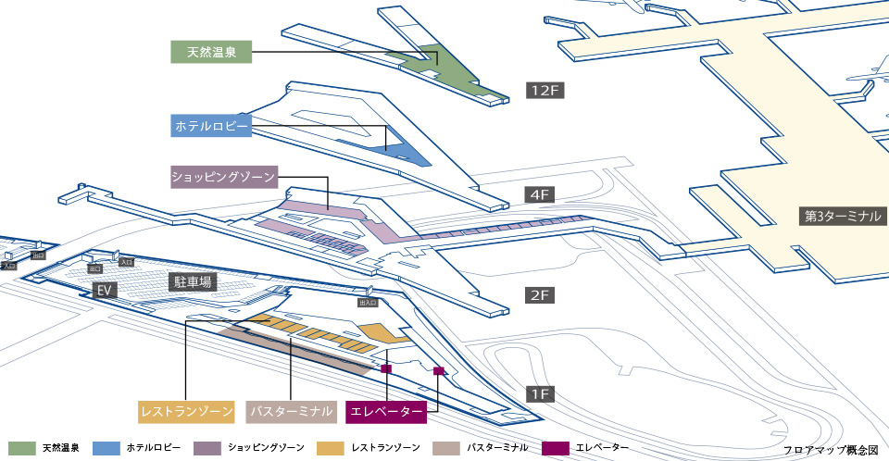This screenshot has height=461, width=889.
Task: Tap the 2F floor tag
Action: click(540, 296)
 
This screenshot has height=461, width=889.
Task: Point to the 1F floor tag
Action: click(540, 394)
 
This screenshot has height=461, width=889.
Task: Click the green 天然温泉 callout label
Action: click(212, 52)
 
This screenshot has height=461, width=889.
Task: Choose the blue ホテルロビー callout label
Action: click(212, 125)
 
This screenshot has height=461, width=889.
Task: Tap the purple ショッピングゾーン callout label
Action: click(222, 176)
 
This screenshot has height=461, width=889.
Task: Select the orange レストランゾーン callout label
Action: click(189, 410)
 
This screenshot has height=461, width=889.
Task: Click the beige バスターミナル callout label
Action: click(293, 410)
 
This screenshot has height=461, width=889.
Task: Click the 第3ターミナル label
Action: click(843, 217)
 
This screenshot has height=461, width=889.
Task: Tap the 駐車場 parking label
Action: click(191, 281)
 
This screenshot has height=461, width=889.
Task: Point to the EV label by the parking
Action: click(106, 290)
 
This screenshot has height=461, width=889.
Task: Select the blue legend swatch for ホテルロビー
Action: click(106, 448)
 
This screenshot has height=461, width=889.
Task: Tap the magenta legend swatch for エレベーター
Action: click(556, 448)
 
